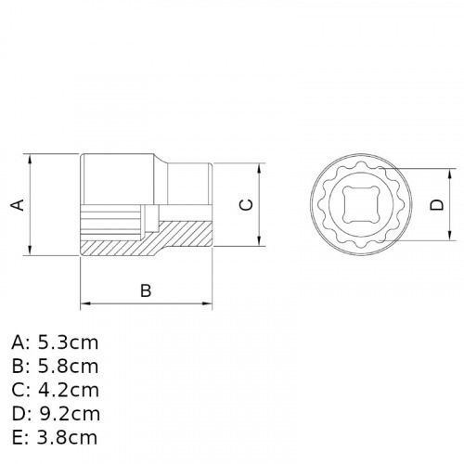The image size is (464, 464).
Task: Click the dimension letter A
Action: click(16, 204)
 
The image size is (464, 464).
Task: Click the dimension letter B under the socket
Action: click(146, 290)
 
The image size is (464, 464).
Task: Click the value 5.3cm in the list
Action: click(68, 342)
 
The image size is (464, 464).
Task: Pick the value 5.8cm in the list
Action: click(68, 367)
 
